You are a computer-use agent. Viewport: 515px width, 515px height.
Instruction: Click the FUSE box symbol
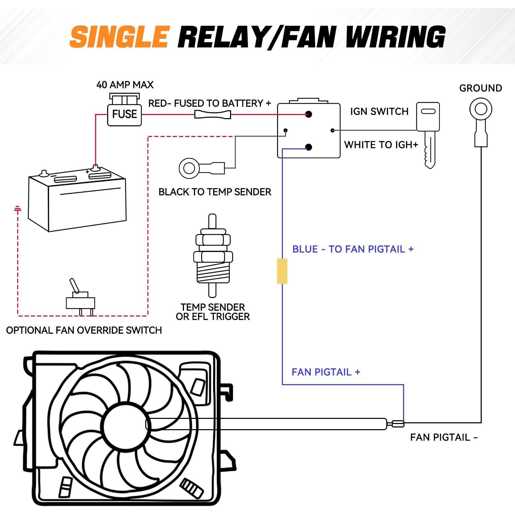click(x=124, y=113)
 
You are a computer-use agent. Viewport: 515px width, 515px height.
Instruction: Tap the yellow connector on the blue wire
click(x=282, y=271)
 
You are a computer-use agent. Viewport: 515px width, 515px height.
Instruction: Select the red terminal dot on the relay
click(x=308, y=114)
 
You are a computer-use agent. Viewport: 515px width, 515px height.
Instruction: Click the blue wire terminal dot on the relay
click(x=308, y=147)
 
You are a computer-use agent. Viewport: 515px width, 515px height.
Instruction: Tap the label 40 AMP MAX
click(x=125, y=85)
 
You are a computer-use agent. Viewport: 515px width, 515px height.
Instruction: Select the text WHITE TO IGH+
click(x=381, y=145)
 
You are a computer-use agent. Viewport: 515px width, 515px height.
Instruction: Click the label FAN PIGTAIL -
click(x=444, y=437)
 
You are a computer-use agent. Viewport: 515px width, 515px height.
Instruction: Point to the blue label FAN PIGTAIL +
click(x=325, y=372)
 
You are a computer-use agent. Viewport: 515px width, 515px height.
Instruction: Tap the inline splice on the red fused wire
click(x=213, y=114)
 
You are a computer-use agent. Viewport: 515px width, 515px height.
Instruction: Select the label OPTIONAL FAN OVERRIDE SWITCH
click(x=84, y=330)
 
